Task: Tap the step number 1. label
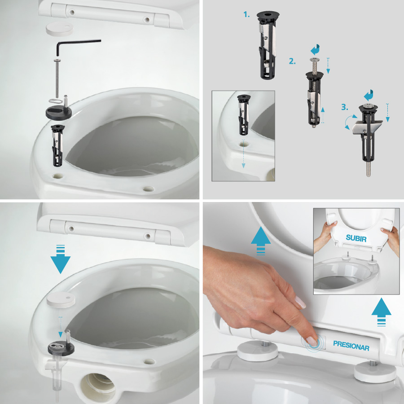point(246,15)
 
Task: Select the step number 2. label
point(292,61)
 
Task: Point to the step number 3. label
point(345,107)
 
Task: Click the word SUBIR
point(356,238)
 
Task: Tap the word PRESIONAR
point(351,346)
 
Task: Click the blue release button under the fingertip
point(314,343)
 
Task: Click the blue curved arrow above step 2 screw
point(315,49)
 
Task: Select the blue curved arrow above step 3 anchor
point(369,95)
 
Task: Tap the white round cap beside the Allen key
point(60,28)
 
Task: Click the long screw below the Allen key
point(57,79)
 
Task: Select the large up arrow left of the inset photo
point(261,241)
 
